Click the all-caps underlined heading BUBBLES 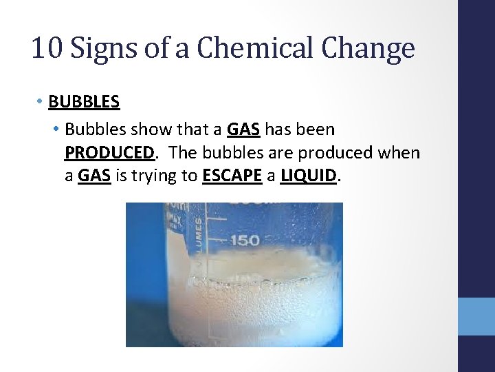point(84,102)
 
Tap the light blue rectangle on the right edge point(476,316)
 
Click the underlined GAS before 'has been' point(243,129)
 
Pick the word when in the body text point(400,152)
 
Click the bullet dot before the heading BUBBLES point(41,102)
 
